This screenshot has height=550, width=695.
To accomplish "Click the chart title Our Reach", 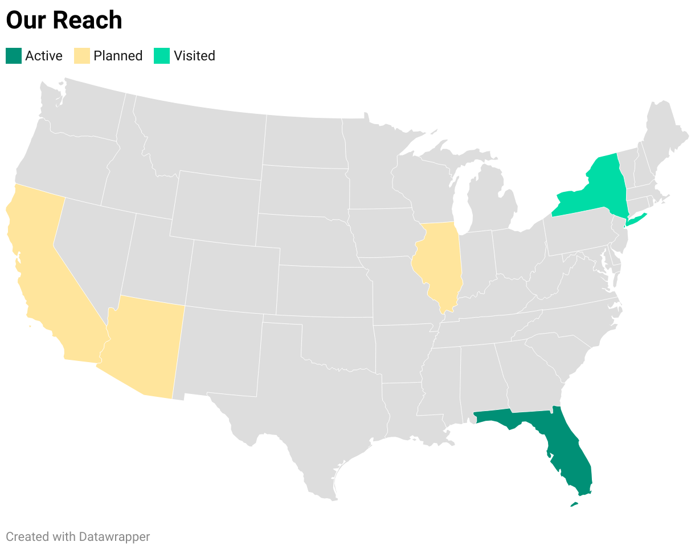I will point(64,20).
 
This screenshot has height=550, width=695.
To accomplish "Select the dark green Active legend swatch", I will point(14,56).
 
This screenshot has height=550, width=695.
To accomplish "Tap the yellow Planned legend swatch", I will point(82,56).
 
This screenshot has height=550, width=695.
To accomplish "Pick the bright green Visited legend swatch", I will point(162,56).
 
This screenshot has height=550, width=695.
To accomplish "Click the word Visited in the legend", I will point(194,56).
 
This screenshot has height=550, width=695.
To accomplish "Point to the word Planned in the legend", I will point(118,56).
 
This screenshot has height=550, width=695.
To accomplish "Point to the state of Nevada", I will point(91,251).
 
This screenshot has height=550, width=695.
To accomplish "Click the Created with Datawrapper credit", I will point(78,536).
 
